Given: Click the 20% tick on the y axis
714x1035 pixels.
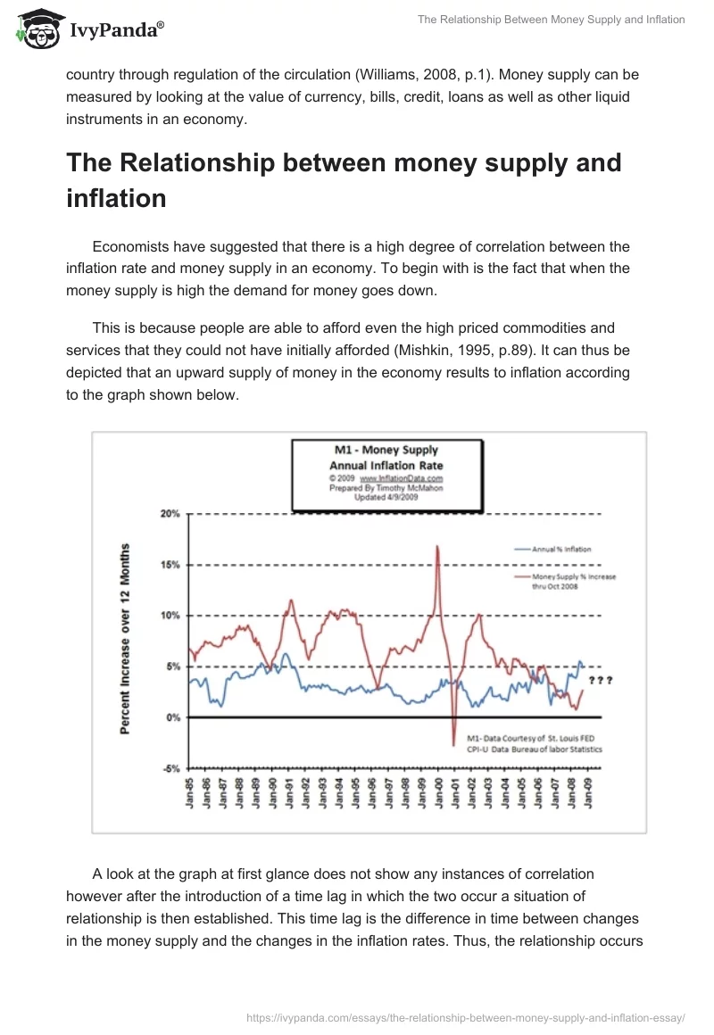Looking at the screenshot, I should click(x=170, y=514).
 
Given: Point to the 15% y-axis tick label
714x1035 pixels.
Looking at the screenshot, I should click(x=170, y=565).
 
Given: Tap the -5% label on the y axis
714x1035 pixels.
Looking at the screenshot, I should click(x=170, y=768).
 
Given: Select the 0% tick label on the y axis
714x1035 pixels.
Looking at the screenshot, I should click(x=173, y=717).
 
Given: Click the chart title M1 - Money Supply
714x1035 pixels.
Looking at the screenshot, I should click(x=385, y=450).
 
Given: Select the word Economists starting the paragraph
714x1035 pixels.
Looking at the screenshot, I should click(x=136, y=246).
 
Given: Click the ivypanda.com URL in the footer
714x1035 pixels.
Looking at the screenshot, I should click(x=464, y=1016).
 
